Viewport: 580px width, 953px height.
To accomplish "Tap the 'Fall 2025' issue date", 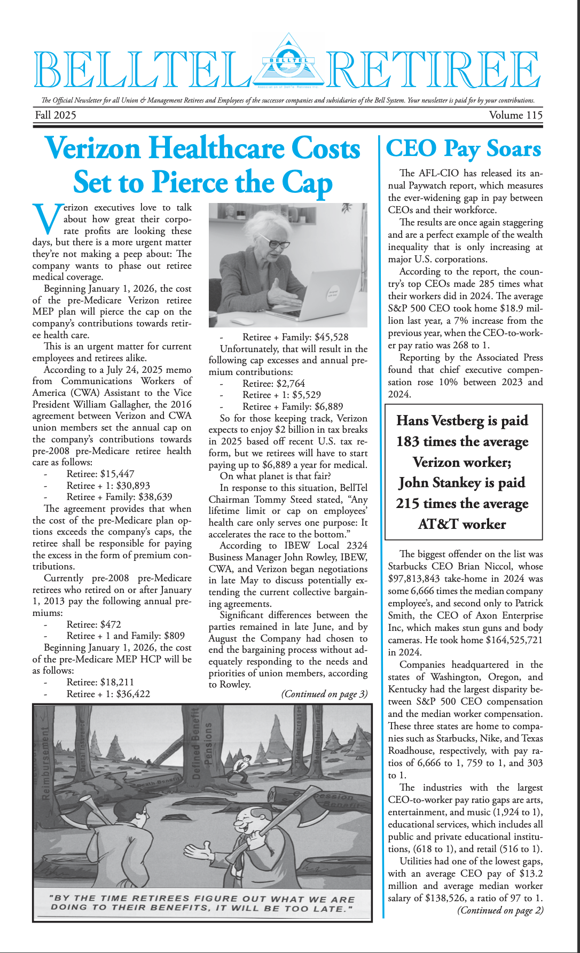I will click(x=56, y=115).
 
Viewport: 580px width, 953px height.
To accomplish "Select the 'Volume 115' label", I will click(x=515, y=115).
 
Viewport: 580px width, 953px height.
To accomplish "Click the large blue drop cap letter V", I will click(x=46, y=218).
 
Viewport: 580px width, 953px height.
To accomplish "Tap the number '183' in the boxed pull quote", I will click(x=408, y=442).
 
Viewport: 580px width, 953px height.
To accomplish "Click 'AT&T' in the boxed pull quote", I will click(x=438, y=524).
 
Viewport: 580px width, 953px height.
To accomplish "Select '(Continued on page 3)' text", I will click(x=324, y=694).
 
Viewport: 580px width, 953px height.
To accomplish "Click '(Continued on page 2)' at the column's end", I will click(x=500, y=910).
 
